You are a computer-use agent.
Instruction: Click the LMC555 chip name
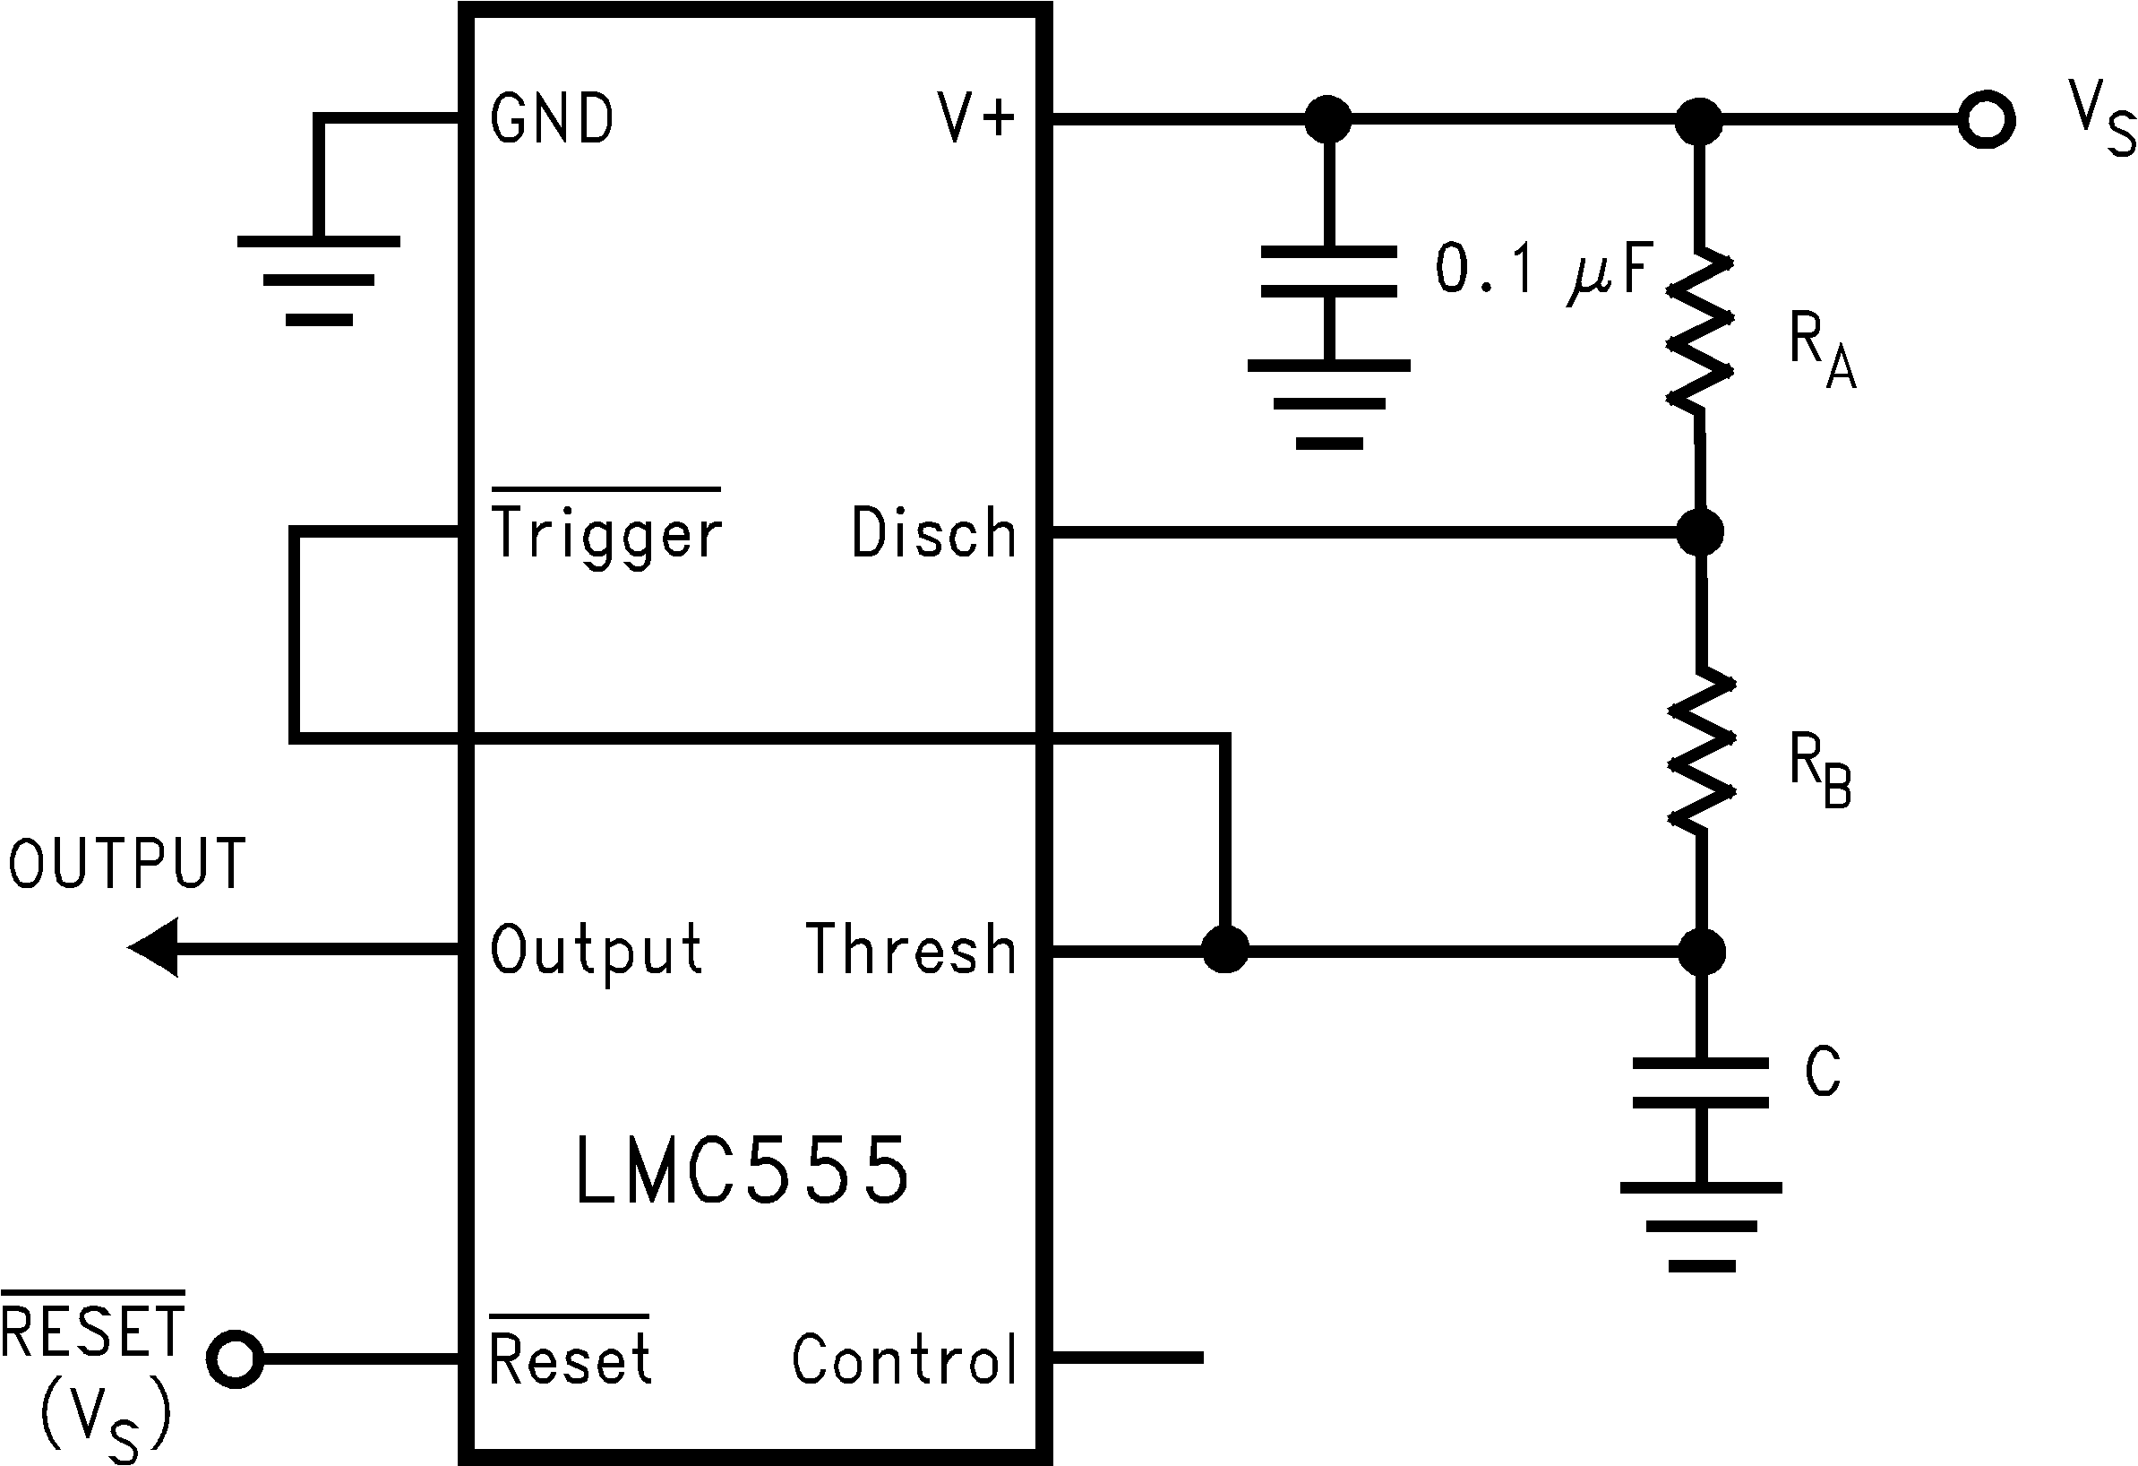[742, 1170]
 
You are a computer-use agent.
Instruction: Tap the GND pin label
[552, 120]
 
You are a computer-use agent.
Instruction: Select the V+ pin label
[975, 120]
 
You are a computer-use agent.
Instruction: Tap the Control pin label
[905, 1358]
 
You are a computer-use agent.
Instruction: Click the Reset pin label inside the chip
[570, 1358]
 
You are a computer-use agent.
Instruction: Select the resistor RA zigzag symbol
[1700, 330]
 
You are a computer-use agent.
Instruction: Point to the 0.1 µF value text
[1546, 269]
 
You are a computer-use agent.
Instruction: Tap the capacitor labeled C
[1700, 1083]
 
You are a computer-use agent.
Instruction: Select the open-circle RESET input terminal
[236, 1358]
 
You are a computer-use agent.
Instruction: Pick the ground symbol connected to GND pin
[318, 280]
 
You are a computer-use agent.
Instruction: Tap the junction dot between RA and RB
[1700, 532]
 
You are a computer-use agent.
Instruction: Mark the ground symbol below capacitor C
[1701, 1227]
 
